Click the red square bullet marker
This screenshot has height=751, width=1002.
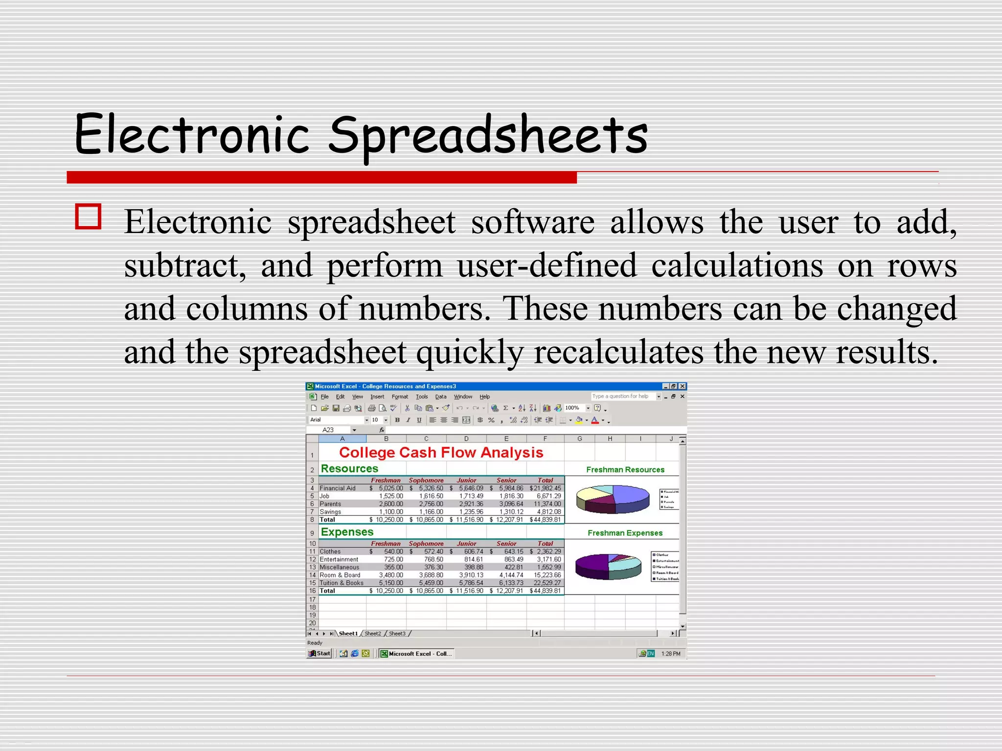pos(89,217)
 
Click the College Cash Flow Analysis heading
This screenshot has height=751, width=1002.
pos(441,452)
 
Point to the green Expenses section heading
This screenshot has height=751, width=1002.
pos(347,532)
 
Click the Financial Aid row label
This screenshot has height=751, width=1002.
pos(338,488)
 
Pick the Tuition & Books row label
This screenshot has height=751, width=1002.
pos(342,583)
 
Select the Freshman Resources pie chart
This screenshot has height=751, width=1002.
pos(613,499)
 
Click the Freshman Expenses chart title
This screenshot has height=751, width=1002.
pos(625,533)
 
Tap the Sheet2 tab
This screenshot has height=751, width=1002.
pos(372,634)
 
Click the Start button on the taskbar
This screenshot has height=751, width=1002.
pos(319,654)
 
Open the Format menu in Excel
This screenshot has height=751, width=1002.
pos(400,397)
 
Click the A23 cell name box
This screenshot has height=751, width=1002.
pos(328,430)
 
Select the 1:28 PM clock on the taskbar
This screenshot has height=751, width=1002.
pos(670,654)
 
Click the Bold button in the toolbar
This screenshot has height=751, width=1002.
pos(397,420)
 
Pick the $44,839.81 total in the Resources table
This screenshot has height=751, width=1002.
pos(545,520)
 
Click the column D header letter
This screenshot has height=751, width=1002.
pos(466,439)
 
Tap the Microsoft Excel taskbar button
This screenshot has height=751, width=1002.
pos(417,654)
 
